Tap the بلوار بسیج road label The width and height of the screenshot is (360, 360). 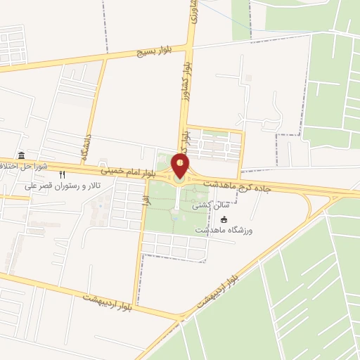coord(145,54)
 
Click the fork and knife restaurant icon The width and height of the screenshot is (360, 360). coord(62,175)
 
